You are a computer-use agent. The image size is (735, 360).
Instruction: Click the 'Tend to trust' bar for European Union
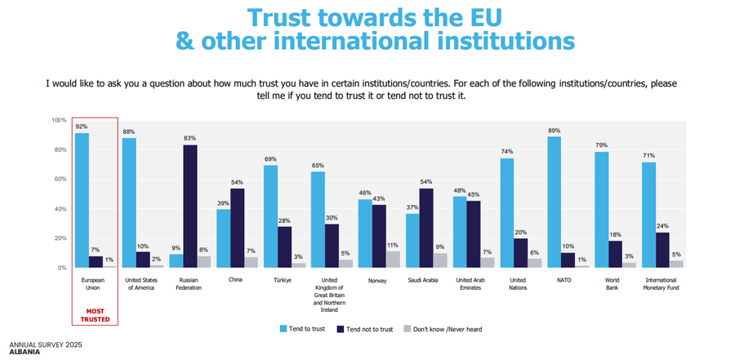point(82,200)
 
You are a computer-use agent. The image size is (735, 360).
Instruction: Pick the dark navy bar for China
point(237,228)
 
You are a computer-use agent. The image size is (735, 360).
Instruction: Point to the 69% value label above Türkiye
point(270,158)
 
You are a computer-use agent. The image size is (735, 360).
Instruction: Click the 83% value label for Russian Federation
point(189,138)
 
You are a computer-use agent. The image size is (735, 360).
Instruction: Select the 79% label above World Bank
point(601,145)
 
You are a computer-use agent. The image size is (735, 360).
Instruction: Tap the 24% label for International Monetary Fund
point(663,226)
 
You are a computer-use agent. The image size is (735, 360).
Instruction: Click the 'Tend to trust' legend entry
point(307,329)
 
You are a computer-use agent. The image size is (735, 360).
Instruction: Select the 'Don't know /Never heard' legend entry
point(442,329)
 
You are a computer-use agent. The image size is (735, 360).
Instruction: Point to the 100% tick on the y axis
point(59,120)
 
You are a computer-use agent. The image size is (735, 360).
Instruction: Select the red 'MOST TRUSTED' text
point(94,314)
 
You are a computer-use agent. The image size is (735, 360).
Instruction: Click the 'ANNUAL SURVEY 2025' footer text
point(46,344)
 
